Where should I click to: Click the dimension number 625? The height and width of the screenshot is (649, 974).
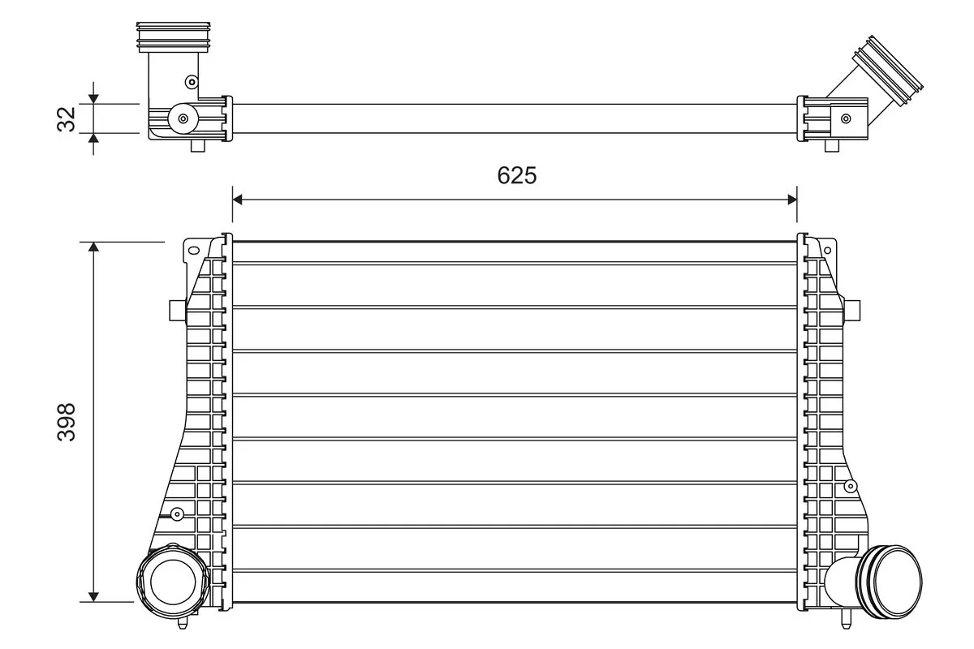point(517,175)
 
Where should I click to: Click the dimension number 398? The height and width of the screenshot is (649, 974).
point(67,422)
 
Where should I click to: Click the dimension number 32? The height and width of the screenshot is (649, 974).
point(68,118)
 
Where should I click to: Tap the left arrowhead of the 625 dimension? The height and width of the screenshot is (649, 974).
point(239,198)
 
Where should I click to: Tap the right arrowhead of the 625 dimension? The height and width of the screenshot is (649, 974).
point(791,198)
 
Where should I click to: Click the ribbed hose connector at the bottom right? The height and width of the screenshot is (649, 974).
point(889,579)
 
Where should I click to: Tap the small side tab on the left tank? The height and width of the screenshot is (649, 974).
point(175,310)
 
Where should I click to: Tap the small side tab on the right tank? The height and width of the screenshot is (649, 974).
point(852,310)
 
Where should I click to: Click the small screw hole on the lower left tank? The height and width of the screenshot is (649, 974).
point(177,513)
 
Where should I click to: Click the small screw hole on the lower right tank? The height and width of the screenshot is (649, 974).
point(850,486)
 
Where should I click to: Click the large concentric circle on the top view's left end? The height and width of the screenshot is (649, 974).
point(183,118)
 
